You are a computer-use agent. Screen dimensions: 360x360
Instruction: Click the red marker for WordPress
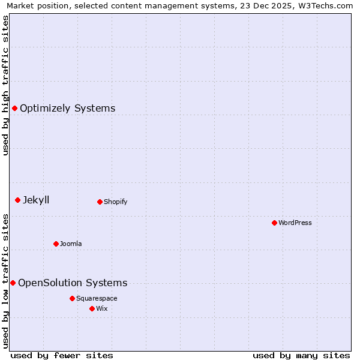[x=274, y=223]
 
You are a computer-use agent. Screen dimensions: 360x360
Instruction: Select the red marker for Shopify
[x=100, y=202]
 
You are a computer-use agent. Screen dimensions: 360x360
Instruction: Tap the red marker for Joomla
[x=56, y=244]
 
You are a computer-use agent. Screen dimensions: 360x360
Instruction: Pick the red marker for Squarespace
[x=72, y=298]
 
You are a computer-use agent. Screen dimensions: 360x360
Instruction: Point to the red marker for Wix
[x=92, y=308]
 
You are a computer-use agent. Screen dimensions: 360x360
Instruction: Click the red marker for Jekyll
[x=17, y=200]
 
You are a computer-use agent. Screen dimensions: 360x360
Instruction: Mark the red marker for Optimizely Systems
[x=14, y=108]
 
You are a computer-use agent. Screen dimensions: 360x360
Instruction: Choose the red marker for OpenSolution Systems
[x=13, y=283]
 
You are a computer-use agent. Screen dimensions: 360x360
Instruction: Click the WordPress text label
[x=295, y=223]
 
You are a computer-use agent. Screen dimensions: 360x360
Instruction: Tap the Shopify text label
[x=116, y=202]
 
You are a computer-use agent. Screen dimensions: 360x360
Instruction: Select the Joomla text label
[x=71, y=244]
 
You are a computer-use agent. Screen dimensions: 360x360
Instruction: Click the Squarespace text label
[x=97, y=298]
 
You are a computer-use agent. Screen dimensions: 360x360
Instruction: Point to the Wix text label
[x=101, y=308]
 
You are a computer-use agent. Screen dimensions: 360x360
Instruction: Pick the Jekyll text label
[x=36, y=200]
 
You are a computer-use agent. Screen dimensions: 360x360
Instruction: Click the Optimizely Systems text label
[x=68, y=108]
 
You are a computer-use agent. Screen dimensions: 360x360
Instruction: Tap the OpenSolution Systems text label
[x=73, y=283]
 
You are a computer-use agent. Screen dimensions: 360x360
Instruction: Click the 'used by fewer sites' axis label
[x=62, y=355]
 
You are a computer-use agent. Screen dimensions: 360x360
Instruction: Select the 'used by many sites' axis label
[x=301, y=355]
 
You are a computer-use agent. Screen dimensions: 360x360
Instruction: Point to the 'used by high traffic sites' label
[x=5, y=85]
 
